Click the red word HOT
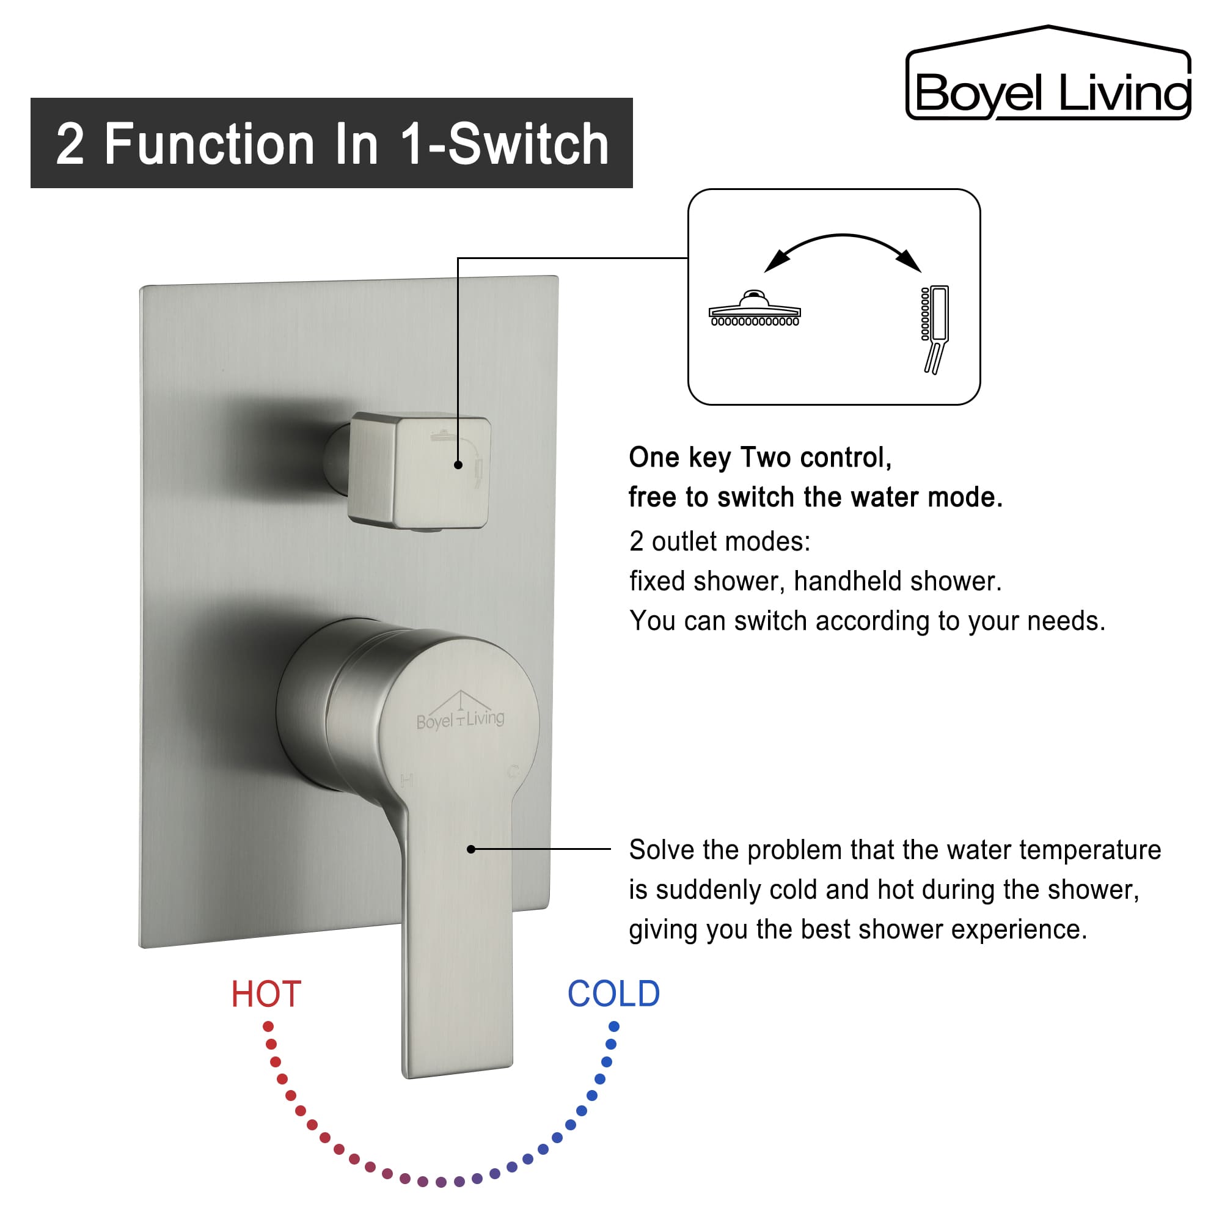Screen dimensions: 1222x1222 point(266,993)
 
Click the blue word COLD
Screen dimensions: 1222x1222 point(613,993)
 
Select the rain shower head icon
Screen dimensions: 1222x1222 point(755,309)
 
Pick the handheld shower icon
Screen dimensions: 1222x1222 point(935,328)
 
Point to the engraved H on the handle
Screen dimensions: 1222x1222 point(407,780)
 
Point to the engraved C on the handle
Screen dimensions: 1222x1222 point(514,772)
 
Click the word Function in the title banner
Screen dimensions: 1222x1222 point(210,145)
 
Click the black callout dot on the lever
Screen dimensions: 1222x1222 point(471,849)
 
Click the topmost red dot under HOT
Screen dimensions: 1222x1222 point(268,1026)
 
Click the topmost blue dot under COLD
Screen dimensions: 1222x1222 point(613,1026)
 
